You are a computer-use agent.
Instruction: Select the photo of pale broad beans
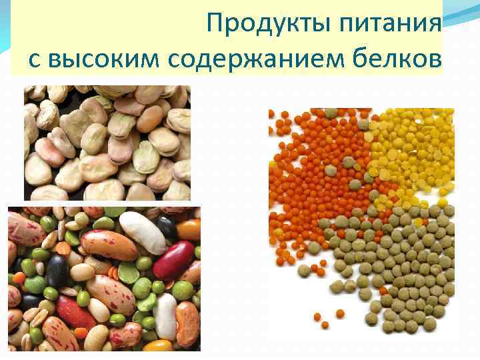pos(107,143)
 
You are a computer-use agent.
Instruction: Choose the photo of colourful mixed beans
pos(104,279)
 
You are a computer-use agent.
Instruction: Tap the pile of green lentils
pos(393,267)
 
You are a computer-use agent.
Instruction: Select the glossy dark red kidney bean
pos(173,259)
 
